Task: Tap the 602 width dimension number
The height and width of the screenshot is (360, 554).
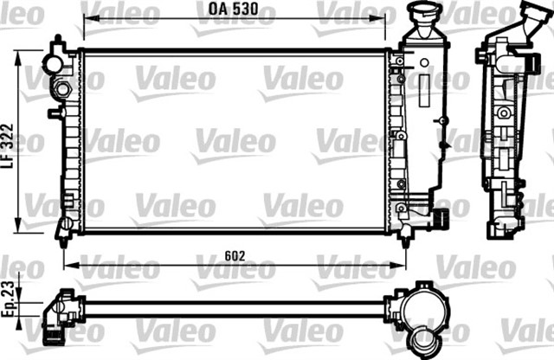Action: click(235, 256)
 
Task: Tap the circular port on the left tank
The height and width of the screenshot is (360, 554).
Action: click(62, 89)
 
